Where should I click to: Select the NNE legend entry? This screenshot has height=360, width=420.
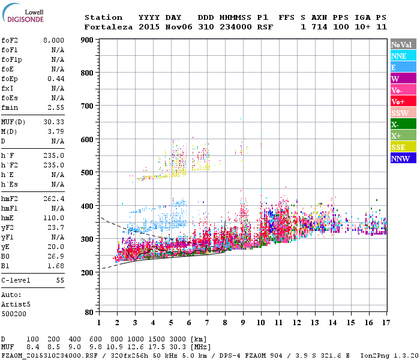coord(399,56)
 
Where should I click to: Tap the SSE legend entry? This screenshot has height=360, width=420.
coord(399,147)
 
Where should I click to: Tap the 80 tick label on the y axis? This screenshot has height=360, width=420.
coord(89,313)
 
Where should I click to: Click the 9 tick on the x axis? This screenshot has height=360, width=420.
coord(243,323)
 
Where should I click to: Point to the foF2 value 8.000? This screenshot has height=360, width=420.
coord(53,40)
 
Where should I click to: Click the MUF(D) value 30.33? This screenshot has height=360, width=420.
coord(55,121)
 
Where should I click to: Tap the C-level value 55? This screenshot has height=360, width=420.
coord(59,280)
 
